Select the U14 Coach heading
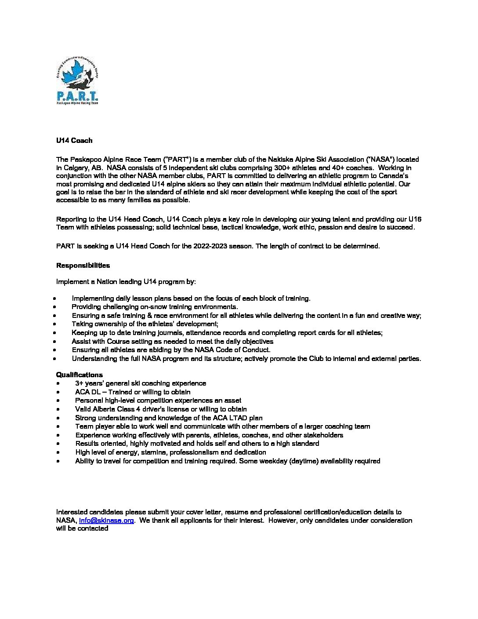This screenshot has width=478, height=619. [x=74, y=141]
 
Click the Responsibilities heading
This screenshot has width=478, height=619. [x=83, y=266]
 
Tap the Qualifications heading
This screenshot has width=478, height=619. [x=79, y=375]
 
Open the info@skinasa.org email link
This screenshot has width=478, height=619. [x=106, y=521]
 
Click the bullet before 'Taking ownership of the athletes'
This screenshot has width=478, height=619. [x=55, y=324]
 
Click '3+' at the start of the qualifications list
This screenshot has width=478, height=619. [x=79, y=383]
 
